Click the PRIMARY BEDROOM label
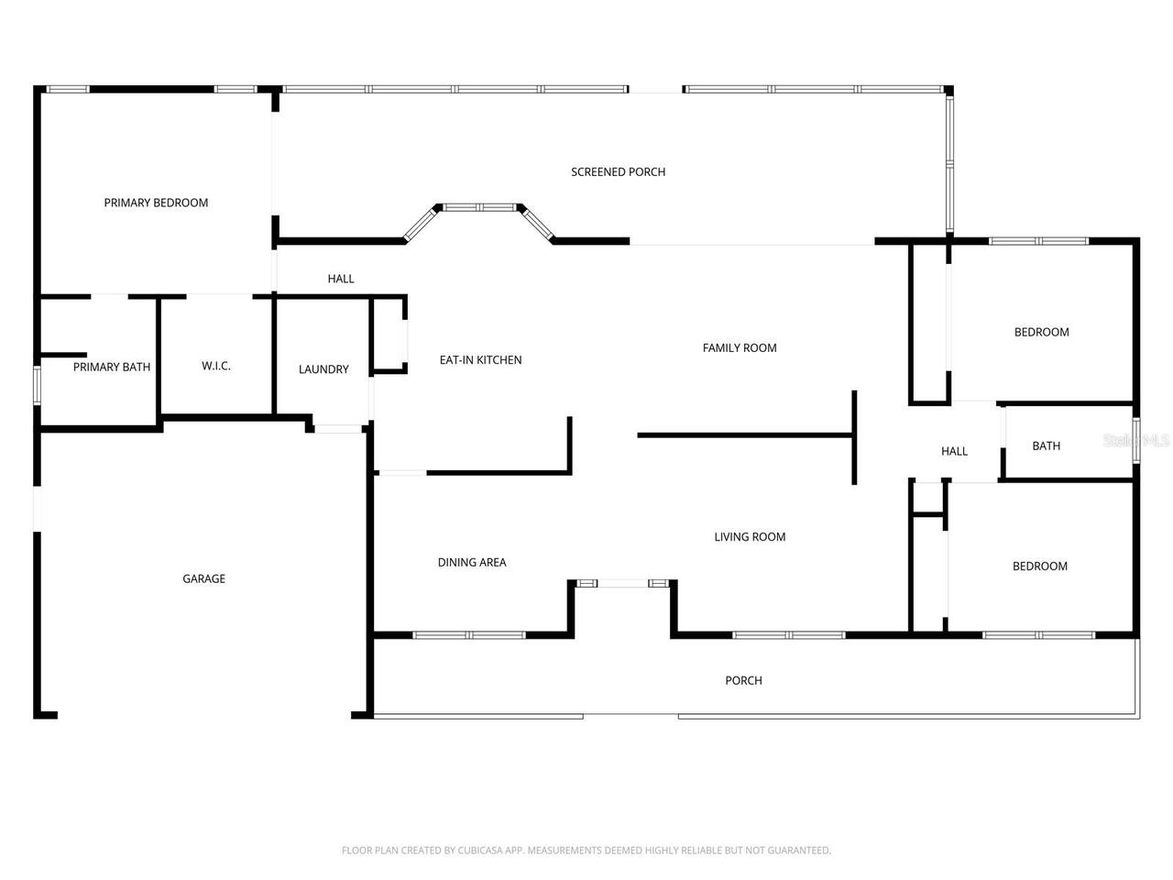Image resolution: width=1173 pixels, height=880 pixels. coord(156,203)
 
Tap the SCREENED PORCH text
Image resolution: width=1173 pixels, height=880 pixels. coord(618,172)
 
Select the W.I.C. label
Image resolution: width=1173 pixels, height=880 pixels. coord(216,366)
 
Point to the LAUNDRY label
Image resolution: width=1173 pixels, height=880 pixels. coord(323,369)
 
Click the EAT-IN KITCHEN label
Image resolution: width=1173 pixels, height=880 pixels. coord(480,360)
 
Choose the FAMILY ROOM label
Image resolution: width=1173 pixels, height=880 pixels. coord(739,347)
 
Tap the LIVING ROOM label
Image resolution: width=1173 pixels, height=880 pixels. coord(750,537)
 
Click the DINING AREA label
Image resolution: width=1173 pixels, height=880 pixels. coord(471,562)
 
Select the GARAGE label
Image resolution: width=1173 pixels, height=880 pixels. coord(203,578)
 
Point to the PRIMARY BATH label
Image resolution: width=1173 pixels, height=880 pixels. coord(112,367)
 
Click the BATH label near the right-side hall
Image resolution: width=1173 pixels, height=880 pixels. coord(1046,446)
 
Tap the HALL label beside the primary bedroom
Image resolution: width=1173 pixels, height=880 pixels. coord(340,279)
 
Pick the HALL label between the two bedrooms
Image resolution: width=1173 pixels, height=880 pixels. coord(954,452)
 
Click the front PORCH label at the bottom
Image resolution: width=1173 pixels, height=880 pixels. coord(743,681)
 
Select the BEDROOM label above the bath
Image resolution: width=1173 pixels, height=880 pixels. coord(1042,332)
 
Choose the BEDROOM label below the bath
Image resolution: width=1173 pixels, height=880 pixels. coord(1040,566)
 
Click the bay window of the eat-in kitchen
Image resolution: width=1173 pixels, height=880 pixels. coord(479,207)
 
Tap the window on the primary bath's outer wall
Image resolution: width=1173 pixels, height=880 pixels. coord(37,385)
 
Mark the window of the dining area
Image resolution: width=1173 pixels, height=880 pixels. coord(468,635)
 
